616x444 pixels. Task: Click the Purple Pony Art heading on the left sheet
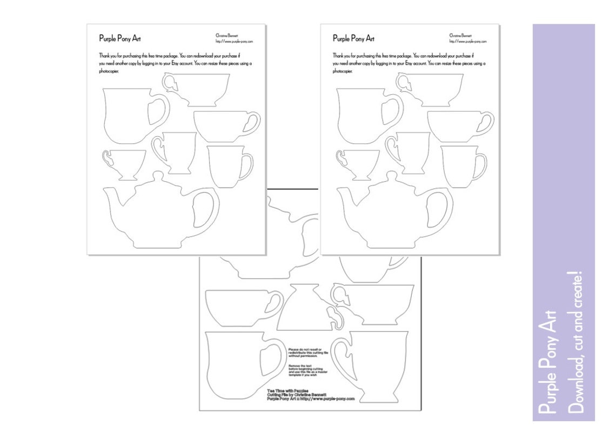pyautogui.click(x=120, y=38)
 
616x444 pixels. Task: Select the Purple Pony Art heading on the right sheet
pyautogui.click(x=354, y=38)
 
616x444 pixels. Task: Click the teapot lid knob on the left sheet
pyautogui.click(x=157, y=175)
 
